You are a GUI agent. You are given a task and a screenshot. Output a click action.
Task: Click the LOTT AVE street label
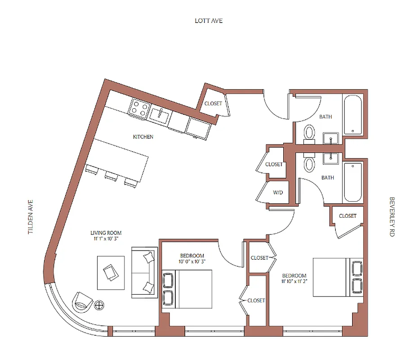(x=209, y=21)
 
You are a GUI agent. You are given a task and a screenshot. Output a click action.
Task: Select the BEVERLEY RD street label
(x=392, y=217)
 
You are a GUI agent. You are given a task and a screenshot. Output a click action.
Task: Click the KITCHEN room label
(x=143, y=137)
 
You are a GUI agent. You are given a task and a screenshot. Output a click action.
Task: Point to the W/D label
(x=278, y=193)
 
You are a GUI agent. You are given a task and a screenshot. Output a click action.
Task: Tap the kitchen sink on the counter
(x=160, y=114)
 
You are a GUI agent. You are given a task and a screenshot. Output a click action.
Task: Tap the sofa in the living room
(x=144, y=272)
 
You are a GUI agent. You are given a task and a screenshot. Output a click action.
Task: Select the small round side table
(x=100, y=305)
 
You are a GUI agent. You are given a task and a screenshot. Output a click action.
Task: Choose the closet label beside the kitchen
(x=213, y=103)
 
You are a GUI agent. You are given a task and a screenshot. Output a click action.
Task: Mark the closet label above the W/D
(x=274, y=164)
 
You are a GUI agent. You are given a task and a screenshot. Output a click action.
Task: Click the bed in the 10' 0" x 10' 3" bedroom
(x=187, y=289)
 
